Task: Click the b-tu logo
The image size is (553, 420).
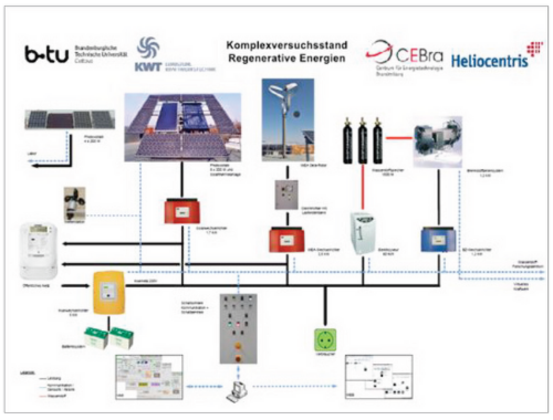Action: (x=46, y=55)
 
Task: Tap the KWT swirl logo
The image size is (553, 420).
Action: (x=148, y=48)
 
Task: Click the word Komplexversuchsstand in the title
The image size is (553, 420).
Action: (x=287, y=45)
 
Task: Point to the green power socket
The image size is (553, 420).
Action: (x=325, y=340)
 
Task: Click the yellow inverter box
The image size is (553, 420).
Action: (x=109, y=292)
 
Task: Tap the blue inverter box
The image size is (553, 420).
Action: (x=438, y=239)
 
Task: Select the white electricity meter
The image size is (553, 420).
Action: (x=38, y=250)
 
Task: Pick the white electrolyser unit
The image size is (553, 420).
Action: (x=363, y=233)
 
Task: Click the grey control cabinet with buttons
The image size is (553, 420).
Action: (x=238, y=328)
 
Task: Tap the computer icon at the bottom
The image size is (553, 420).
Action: (x=238, y=391)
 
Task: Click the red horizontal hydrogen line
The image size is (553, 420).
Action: (x=399, y=138)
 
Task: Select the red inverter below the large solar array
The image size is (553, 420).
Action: (x=182, y=210)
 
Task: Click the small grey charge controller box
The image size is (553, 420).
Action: (x=286, y=195)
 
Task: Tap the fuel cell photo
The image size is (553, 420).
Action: (x=438, y=142)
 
